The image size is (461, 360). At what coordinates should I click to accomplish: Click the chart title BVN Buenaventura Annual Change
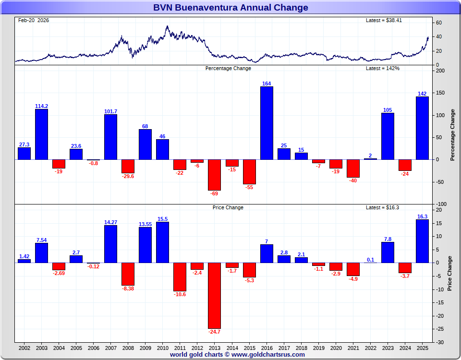[230, 8]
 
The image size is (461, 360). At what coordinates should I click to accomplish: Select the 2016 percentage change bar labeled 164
[267, 123]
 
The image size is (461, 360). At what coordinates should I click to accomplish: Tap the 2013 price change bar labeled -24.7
[215, 295]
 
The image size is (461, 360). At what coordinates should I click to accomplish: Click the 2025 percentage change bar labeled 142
[422, 128]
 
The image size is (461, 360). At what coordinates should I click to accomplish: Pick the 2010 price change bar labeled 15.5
[163, 242]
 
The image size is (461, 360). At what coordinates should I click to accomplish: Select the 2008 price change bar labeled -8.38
[128, 274]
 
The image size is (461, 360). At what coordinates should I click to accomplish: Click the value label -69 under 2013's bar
[215, 193]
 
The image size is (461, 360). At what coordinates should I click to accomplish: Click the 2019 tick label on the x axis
[318, 347]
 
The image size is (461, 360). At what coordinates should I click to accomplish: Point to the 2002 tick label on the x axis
[24, 347]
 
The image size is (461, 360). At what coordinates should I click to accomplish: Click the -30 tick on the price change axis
[439, 342]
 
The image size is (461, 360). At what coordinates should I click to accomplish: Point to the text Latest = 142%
[383, 69]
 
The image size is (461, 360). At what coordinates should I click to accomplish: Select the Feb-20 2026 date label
[34, 21]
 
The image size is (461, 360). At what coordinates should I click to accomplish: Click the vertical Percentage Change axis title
[452, 135]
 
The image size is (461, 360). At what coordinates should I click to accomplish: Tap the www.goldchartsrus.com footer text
[268, 355]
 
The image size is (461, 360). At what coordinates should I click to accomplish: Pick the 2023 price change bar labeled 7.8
[388, 252]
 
